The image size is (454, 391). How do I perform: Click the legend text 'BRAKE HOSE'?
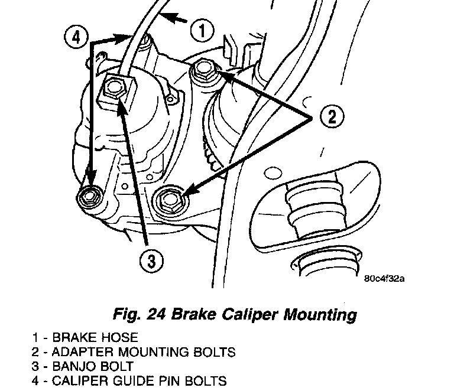tap(95, 338)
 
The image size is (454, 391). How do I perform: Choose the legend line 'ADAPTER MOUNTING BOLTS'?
tap(144, 353)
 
